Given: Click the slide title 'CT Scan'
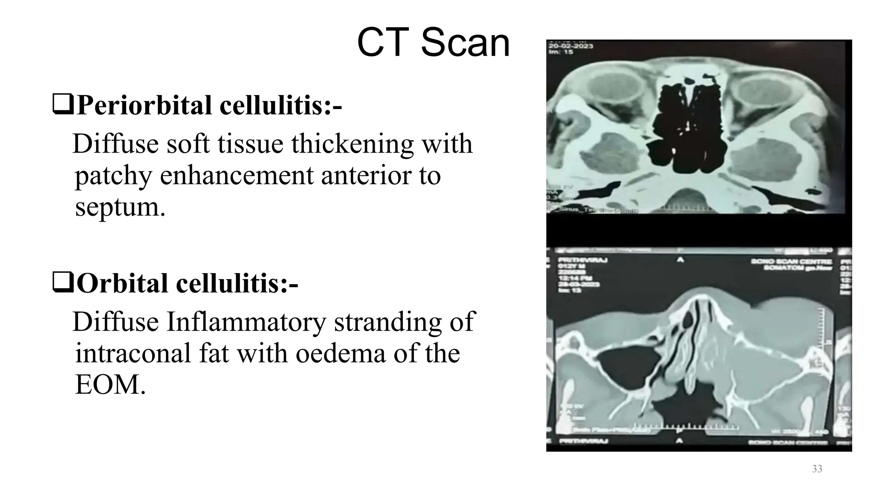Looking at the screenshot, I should click(433, 43).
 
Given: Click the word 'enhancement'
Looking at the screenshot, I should click(237, 175).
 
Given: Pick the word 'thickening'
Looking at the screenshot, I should click(353, 144).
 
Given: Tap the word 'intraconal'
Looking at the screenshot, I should click(133, 353).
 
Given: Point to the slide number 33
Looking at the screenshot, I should click(817, 469).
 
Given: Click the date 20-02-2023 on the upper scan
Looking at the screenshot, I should click(570, 46).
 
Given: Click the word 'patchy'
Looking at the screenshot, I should click(113, 175).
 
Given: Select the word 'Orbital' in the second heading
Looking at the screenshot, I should click(122, 283).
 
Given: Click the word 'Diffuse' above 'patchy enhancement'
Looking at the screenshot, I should click(116, 144).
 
